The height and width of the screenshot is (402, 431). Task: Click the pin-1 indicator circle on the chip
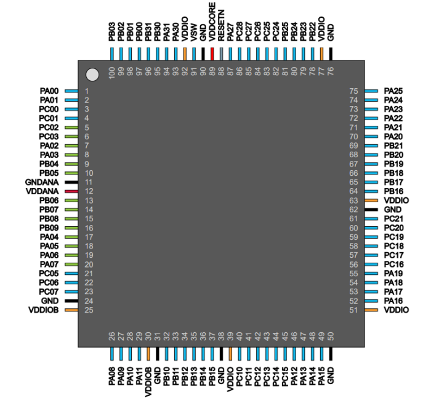click(92, 75)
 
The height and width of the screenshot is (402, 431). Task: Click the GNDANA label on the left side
click(42, 183)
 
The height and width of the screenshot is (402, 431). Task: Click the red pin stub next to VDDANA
click(71, 192)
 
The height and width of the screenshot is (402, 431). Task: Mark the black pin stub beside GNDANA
click(71, 183)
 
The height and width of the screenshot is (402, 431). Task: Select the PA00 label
click(49, 91)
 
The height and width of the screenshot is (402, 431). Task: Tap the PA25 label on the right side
click(393, 91)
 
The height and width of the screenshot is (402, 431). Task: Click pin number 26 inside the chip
click(112, 335)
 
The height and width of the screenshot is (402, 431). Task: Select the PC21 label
click(393, 219)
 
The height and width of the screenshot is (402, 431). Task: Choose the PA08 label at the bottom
click(112, 375)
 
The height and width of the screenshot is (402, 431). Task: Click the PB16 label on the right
click(393, 192)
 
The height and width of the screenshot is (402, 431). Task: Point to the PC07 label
click(49, 292)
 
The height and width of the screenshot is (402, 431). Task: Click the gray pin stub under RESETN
click(221, 54)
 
